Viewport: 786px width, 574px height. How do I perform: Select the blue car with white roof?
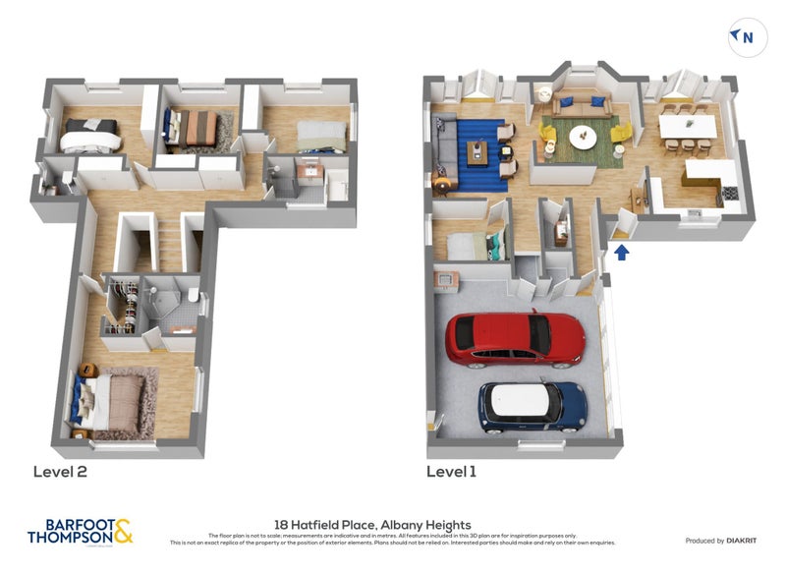(532, 405)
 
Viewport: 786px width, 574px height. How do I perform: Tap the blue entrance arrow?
(621, 253)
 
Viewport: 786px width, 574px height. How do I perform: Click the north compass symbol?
(744, 37)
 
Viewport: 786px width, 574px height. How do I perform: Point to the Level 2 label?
(60, 472)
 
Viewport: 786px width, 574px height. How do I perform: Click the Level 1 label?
(451, 472)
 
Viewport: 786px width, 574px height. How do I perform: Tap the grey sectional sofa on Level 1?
(443, 152)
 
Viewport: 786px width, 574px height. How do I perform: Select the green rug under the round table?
(586, 143)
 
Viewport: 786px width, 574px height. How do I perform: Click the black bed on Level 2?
(90, 134)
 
